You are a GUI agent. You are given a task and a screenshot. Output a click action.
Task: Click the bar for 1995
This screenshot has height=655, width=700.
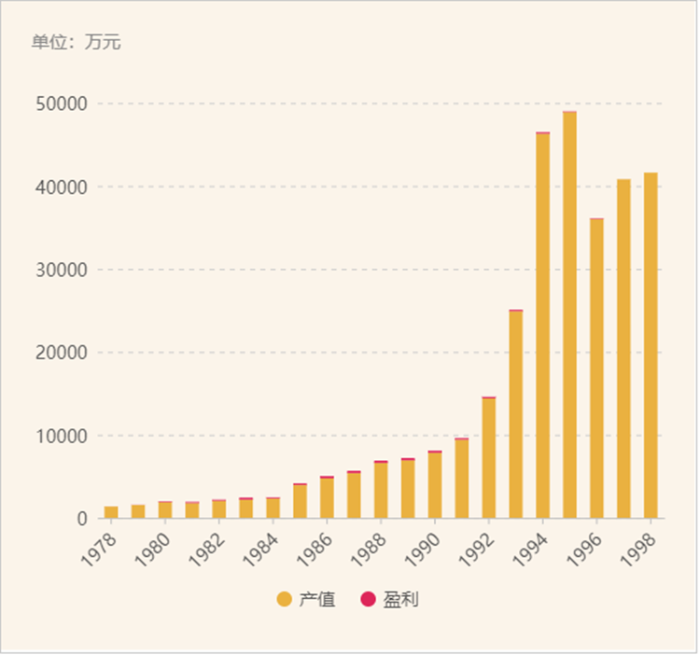569,314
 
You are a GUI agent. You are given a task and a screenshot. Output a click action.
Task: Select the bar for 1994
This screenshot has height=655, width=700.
542,326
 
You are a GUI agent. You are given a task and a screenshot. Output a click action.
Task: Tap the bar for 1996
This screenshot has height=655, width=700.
596,369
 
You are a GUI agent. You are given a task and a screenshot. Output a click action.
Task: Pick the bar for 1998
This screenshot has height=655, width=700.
651,345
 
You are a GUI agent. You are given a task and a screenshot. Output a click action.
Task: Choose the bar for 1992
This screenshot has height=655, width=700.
488,458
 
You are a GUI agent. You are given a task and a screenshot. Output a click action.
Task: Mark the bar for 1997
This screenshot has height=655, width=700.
623,348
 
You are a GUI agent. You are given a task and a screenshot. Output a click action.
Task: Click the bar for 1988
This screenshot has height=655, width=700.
381,490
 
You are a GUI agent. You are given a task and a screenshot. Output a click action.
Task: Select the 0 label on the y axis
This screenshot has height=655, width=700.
82,519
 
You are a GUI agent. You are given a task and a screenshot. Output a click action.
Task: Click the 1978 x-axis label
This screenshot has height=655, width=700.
99,543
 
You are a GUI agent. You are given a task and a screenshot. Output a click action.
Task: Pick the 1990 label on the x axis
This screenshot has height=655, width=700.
423,543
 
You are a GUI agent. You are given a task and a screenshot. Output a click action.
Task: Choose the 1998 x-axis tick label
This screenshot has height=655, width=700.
638,543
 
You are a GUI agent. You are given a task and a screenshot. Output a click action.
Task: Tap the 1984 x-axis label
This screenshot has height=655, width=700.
260,543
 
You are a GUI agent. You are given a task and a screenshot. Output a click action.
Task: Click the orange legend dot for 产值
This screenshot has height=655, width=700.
285,599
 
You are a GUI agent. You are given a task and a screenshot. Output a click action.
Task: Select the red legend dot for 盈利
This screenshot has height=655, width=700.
369,599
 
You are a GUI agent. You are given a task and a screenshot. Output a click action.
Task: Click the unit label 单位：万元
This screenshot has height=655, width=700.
76,42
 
